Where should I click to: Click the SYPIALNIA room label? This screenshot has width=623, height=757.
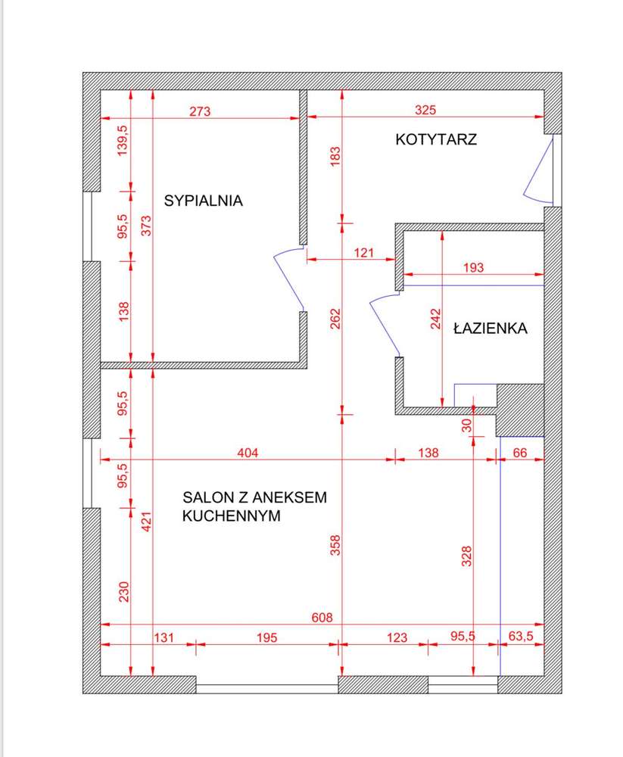[x=203, y=201]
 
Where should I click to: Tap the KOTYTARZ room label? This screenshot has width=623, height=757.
[x=436, y=139]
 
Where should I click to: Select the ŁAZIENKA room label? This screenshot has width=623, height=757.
[x=490, y=329]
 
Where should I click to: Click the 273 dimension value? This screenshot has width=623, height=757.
[x=199, y=111]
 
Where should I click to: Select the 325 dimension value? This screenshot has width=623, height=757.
[x=426, y=111]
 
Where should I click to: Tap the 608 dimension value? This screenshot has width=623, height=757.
[x=322, y=618]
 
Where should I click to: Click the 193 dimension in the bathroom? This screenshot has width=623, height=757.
[x=473, y=267]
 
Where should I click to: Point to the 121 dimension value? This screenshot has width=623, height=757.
[x=364, y=253]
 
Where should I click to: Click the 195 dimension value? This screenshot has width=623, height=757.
[x=266, y=638]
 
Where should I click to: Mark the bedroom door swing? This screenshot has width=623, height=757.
[x=288, y=278]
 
